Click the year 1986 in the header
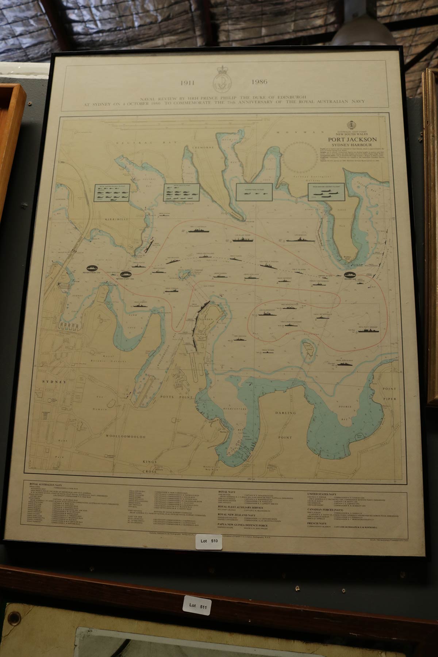click(x=259, y=82)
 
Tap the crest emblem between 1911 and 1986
click(x=221, y=78)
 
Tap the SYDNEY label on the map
click(x=54, y=382)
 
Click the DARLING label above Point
click(x=285, y=413)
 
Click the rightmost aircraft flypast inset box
click(x=326, y=191)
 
